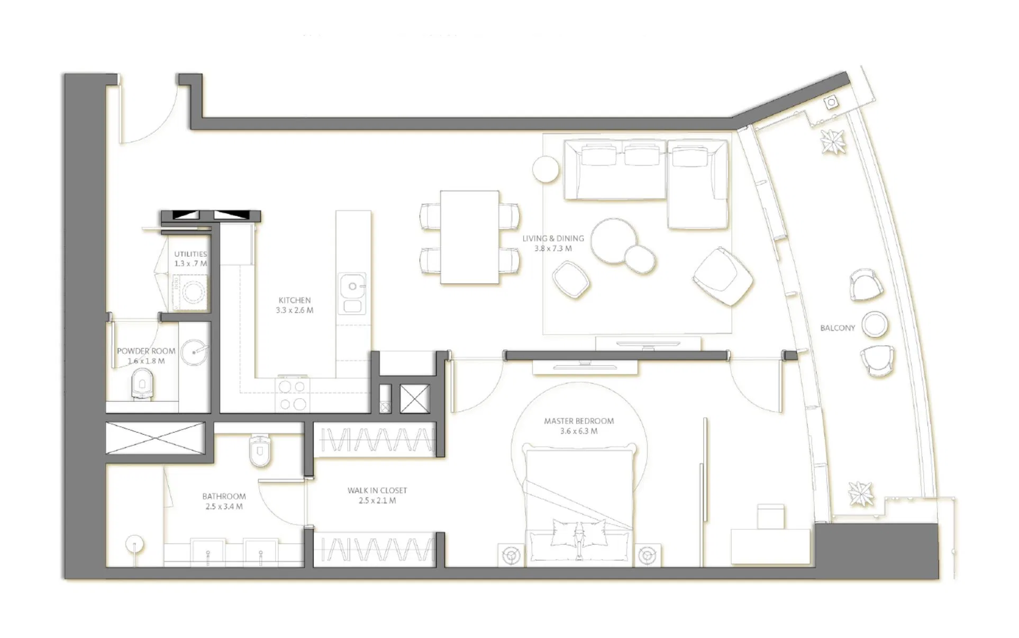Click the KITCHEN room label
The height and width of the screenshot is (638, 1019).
(295, 300)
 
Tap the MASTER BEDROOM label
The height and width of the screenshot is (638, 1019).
(579, 421)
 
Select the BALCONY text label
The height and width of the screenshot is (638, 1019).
(838, 328)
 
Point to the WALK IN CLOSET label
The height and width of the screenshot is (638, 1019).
(377, 490)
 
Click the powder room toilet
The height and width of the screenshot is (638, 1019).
(142, 384)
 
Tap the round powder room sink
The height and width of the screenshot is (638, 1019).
(194, 352)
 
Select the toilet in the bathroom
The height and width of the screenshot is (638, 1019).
(260, 451)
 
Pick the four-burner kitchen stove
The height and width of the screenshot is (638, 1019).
(292, 395)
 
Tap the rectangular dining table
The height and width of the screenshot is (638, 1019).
(469, 237)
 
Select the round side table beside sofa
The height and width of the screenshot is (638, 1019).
(545, 169)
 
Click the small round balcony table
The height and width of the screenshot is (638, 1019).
(875, 324)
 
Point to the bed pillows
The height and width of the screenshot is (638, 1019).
(579, 532)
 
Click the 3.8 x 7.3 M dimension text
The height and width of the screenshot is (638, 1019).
(553, 248)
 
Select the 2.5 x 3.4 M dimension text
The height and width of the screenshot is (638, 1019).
(224, 507)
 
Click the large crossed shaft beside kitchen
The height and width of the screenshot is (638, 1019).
(414, 399)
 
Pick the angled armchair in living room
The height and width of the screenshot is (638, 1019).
(723, 276)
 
